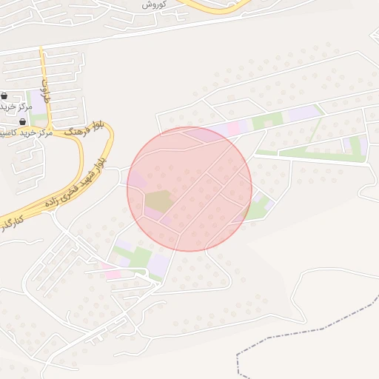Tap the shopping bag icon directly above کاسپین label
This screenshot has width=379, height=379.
(22, 121)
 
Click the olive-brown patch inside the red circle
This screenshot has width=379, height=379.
(157, 200)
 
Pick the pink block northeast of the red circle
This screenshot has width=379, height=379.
(233, 128)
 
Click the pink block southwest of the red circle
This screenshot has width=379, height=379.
(111, 273)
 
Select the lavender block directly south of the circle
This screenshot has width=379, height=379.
(158, 263)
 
